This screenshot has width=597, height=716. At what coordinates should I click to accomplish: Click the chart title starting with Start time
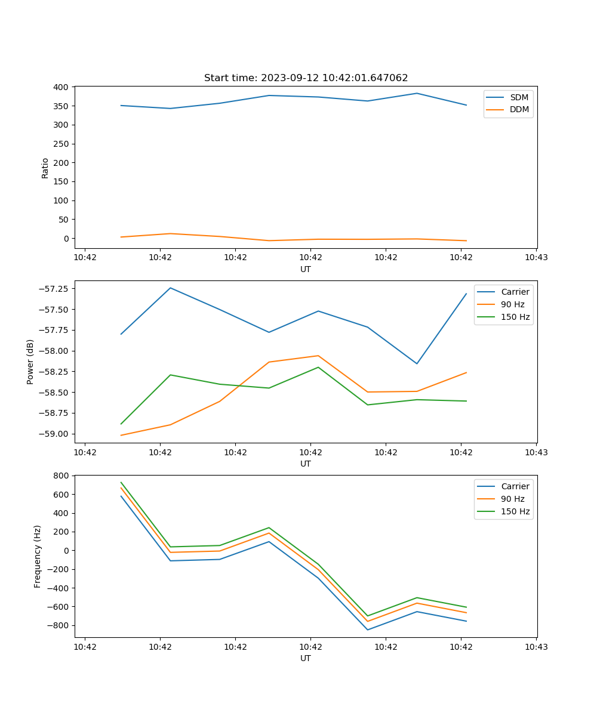click(x=306, y=78)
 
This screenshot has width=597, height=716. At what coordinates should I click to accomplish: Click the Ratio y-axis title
click(x=45, y=168)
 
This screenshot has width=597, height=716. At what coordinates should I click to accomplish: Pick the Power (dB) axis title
click(x=30, y=362)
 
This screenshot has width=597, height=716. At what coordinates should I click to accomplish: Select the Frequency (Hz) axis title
click(x=38, y=556)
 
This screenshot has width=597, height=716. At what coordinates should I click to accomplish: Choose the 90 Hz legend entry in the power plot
click(x=513, y=304)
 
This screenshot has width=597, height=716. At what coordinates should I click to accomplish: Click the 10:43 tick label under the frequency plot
click(x=536, y=646)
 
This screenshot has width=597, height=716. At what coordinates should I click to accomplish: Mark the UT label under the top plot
click(x=306, y=269)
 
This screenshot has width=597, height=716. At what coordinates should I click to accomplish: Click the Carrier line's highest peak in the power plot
click(x=171, y=288)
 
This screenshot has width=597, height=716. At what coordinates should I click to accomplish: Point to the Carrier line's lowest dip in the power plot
click(x=417, y=363)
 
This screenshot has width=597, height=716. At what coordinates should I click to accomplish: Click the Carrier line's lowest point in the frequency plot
click(x=367, y=629)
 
